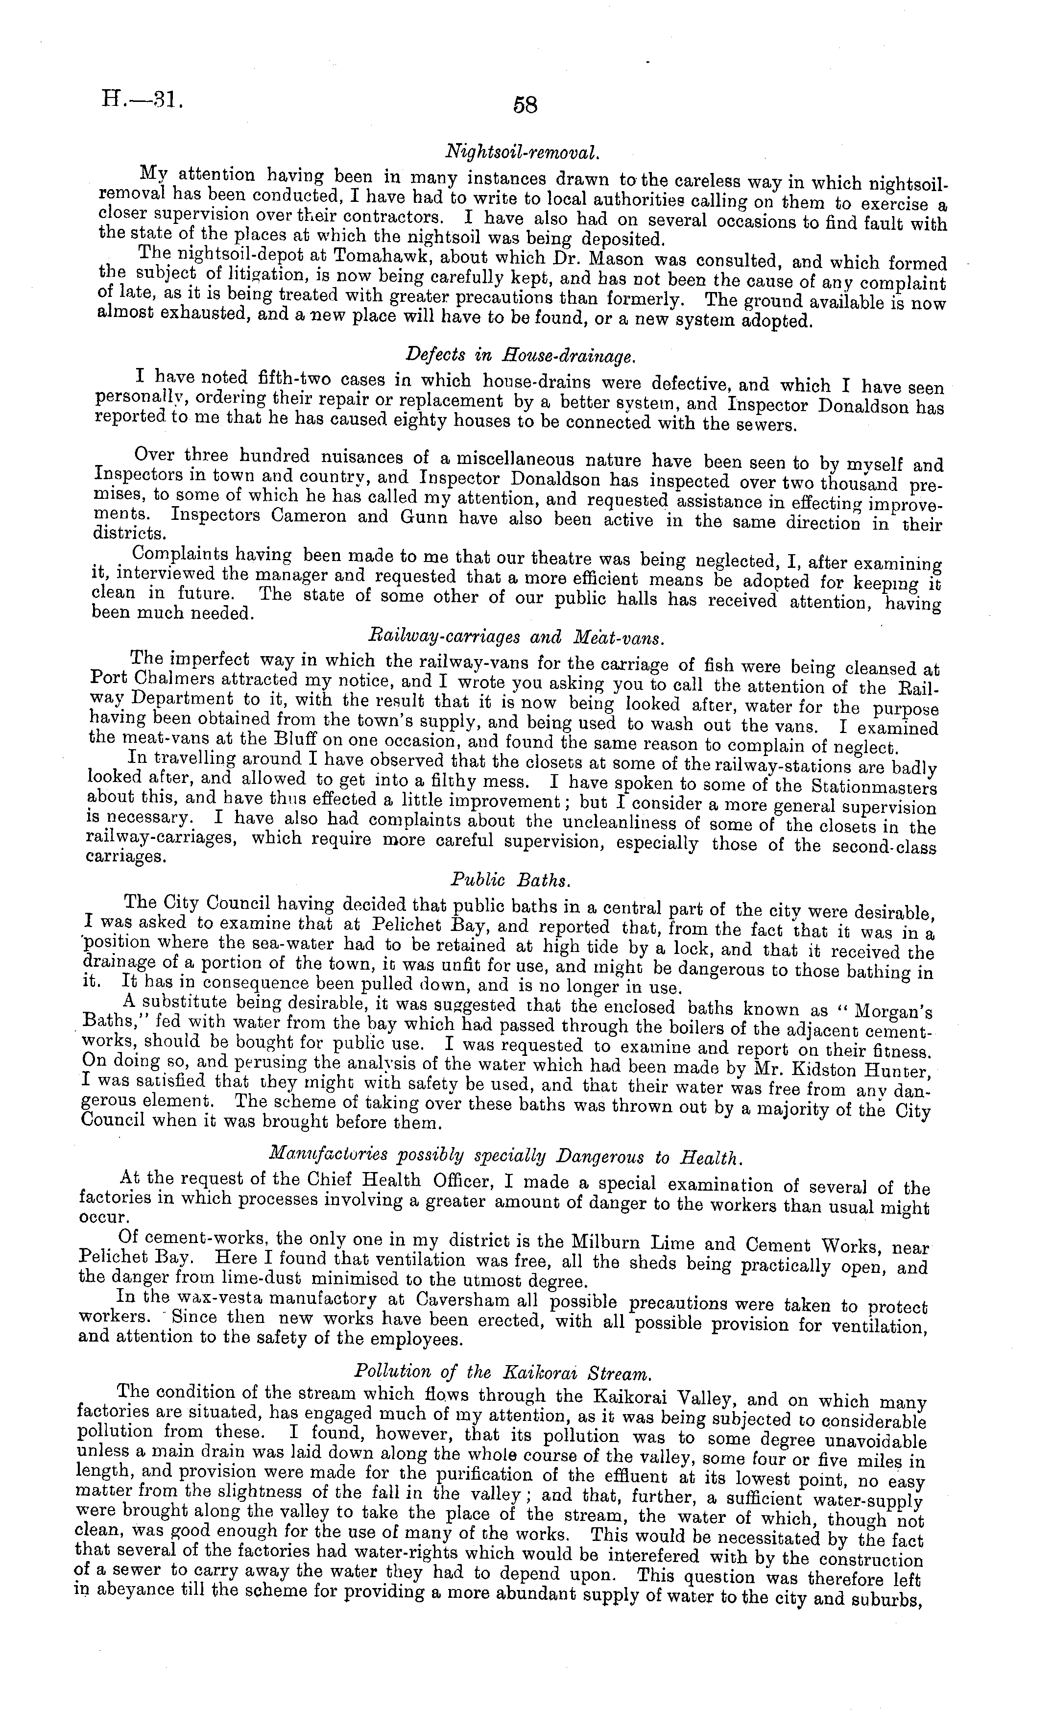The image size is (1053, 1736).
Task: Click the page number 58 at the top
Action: coord(526,106)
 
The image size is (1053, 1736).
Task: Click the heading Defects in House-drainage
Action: coord(525,357)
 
